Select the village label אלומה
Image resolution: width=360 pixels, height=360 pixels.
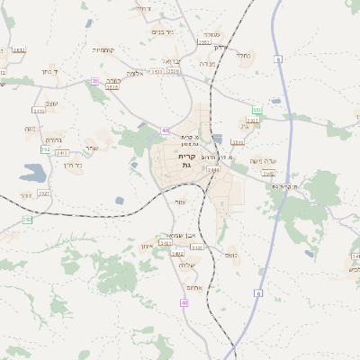coord(135,73)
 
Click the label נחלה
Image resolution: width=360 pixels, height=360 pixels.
coord(243,56)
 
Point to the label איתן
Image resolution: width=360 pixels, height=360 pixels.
coord(149,247)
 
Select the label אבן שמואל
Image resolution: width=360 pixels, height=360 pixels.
coord(169,234)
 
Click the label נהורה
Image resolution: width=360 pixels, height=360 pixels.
coord(53,140)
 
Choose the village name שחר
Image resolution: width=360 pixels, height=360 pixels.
coord(91,148)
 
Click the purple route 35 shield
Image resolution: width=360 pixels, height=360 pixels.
coord(94,81)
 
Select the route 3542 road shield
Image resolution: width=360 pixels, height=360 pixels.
coord(267,173)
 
